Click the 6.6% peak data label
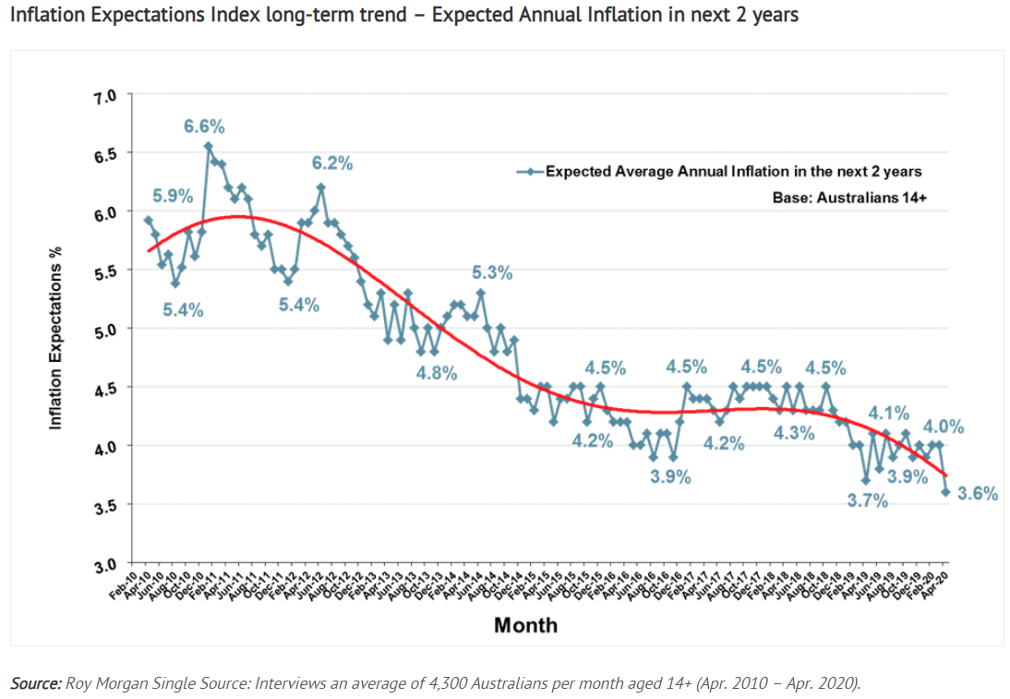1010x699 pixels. (204, 127)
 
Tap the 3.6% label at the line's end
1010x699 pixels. (978, 494)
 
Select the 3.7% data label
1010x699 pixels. (868, 501)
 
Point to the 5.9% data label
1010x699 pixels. (173, 196)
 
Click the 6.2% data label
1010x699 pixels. (332, 164)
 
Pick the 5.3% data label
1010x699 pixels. (492, 273)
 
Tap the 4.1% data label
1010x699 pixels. (888, 414)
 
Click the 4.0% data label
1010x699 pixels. (944, 427)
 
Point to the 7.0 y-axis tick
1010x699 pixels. (109, 95)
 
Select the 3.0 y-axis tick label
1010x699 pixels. (109, 563)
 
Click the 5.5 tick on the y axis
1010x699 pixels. (109, 271)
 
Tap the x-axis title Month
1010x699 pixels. (525, 625)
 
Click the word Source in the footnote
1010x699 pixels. (33, 683)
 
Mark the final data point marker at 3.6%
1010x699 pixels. (945, 492)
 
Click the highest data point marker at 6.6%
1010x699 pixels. (208, 146)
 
